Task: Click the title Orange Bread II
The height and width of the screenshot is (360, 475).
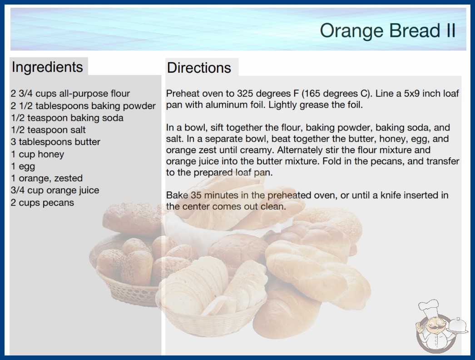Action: pos(388,31)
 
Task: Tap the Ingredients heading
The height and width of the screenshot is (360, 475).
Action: pos(47,67)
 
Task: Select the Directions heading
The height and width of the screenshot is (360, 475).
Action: pos(199,68)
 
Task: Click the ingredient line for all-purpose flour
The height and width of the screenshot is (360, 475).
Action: pos(70,94)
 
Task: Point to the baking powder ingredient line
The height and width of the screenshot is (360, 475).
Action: pos(83,106)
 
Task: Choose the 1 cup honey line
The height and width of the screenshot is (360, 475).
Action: pos(38,155)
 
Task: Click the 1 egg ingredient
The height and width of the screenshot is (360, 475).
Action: pos(23,166)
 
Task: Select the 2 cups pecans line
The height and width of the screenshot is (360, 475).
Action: pos(42,203)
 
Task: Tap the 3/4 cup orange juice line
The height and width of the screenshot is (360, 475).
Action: pos(55,190)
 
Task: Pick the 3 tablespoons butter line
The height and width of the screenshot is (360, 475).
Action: pos(55,142)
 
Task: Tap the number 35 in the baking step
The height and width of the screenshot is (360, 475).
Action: pos(196,195)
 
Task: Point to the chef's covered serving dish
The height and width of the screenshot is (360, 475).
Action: pos(457,325)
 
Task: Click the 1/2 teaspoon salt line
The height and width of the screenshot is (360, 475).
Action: pos(48,130)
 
